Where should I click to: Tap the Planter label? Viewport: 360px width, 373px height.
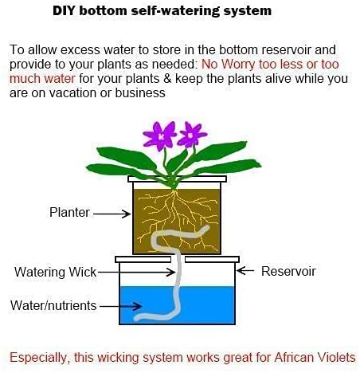pos(69,212)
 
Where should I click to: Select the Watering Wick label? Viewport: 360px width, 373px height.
pos(55,272)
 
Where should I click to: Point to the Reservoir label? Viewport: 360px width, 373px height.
pos(288,271)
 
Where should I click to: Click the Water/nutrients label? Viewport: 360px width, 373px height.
pos(53,305)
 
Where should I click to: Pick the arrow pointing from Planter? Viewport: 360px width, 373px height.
pos(112,214)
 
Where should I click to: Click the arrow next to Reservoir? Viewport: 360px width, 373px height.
pos(245,271)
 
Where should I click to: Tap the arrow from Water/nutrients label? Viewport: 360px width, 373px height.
pos(120,306)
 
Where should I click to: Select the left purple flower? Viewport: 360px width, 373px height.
pos(159,135)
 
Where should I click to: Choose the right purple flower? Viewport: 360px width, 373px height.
pos(192,135)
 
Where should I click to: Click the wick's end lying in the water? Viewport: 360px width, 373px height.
pos(137,318)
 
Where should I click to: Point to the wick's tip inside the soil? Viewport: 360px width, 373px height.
pos(206,228)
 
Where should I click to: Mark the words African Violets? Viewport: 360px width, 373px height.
pos(315,357)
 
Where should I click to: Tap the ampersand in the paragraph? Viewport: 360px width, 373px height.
pos(167,79)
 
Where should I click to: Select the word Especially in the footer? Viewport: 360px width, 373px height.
pos(38,358)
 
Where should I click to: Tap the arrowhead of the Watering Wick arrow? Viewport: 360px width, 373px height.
pos(171,272)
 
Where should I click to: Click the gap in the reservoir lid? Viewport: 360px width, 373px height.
pos(178,259)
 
